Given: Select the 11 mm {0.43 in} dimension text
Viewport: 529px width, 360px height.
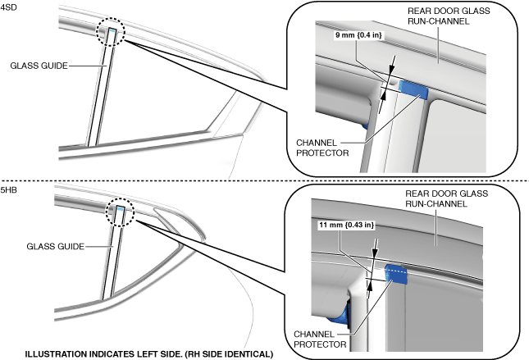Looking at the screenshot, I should [345, 225].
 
